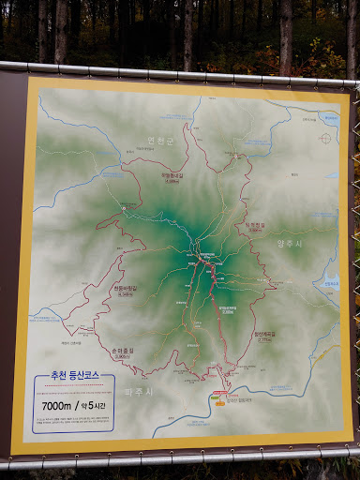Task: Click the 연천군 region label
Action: tap(162, 142)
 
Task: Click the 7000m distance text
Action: tap(57, 405)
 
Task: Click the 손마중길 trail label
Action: tap(122, 352)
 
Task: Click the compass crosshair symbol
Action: tap(324, 138)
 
